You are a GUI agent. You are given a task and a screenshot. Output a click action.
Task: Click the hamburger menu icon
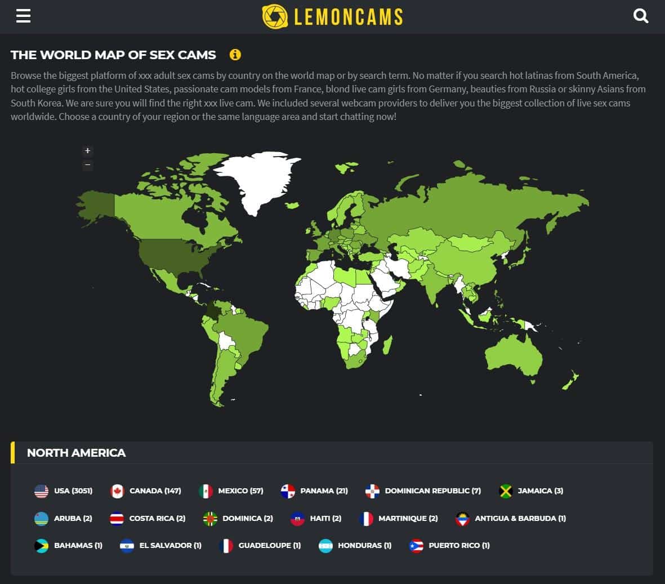point(23,16)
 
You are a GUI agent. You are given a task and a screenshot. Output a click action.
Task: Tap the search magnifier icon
point(641,16)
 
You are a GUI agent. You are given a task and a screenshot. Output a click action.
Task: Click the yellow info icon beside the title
point(235,55)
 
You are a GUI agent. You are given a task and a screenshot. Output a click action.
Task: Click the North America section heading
point(76,453)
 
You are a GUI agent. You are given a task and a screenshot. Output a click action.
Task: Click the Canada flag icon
point(117,491)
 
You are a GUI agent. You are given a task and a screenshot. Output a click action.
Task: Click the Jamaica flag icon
point(506,491)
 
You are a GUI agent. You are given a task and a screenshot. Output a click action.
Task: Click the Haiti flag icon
point(297,518)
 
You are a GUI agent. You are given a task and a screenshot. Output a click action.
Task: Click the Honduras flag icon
point(325,545)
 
